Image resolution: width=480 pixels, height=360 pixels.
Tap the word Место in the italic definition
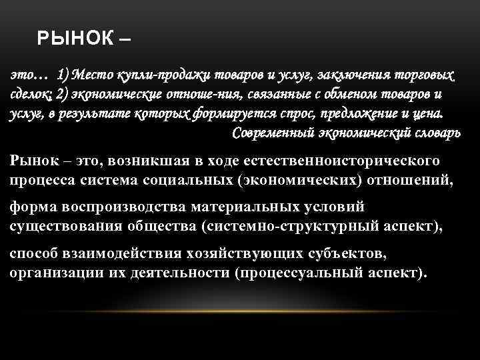click(x=93, y=73)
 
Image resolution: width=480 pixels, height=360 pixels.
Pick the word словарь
click(x=433, y=131)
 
